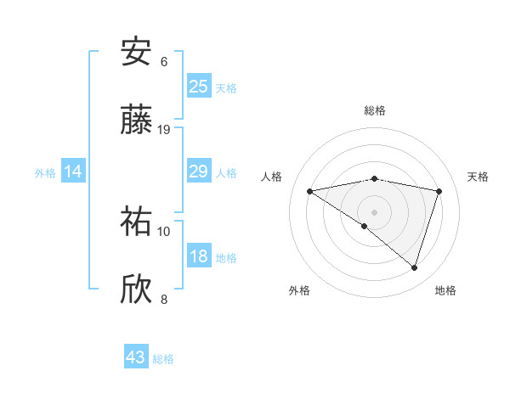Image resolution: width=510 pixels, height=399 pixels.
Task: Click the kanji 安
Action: pyautogui.click(x=136, y=53)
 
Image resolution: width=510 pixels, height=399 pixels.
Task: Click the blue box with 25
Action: pyautogui.click(x=199, y=86)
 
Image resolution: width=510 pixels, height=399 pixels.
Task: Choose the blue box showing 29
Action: pyautogui.click(x=199, y=172)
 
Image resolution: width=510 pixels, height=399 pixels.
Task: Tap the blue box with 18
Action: pyautogui.click(x=199, y=257)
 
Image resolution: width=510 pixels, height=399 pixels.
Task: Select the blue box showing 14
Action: pyautogui.click(x=73, y=172)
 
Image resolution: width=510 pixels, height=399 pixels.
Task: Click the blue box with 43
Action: pyautogui.click(x=136, y=357)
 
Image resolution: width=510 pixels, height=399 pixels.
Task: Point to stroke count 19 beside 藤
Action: pyautogui.click(x=164, y=130)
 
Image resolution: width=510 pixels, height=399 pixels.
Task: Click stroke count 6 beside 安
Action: pyautogui.click(x=164, y=62)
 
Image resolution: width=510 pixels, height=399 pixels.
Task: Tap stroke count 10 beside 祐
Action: pyautogui.click(x=164, y=231)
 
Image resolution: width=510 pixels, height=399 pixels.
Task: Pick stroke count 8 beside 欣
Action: pyautogui.click(x=164, y=299)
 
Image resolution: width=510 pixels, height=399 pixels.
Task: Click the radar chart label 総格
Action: pyautogui.click(x=375, y=110)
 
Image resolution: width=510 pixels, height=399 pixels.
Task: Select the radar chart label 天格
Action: pyautogui.click(x=478, y=177)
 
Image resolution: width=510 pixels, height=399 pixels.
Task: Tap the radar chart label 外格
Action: pyautogui.click(x=299, y=290)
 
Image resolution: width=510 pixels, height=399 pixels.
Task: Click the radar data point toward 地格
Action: pyautogui.click(x=415, y=267)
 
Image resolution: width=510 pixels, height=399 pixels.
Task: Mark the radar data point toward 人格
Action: pyautogui.click(x=310, y=191)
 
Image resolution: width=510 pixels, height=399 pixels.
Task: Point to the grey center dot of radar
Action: pyautogui.click(x=374, y=211)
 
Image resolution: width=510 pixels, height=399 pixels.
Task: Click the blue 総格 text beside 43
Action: pyautogui.click(x=163, y=358)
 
